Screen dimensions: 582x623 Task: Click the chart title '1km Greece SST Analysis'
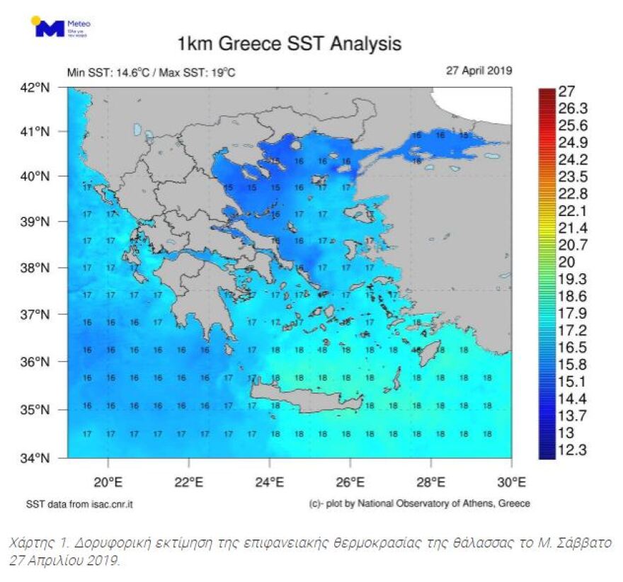coord(289,44)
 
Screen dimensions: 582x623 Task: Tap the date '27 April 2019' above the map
coord(479,71)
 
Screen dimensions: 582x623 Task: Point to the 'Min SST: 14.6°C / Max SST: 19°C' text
coord(151,72)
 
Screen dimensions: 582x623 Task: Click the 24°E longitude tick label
coord(270,483)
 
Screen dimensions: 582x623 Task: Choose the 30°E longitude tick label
coord(512,483)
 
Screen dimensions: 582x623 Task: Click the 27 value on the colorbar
coord(566,91)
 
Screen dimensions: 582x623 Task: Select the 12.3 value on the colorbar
coord(573,450)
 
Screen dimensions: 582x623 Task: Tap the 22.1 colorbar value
coord(573,211)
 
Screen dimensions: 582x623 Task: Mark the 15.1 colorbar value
coord(573,382)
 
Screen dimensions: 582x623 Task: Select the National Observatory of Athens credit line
coord(419,503)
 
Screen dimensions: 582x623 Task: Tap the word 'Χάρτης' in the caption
coord(29,544)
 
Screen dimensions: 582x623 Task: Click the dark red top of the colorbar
coord(546,93)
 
